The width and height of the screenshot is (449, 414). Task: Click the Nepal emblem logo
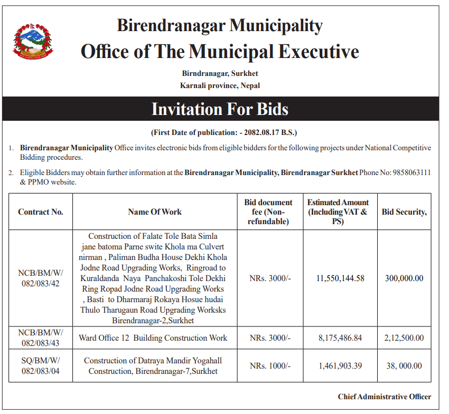pos(33,40)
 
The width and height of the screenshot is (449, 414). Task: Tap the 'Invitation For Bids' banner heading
pos(220,109)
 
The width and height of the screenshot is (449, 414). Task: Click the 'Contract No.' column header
pos(41,212)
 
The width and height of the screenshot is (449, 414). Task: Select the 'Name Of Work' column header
pos(155,212)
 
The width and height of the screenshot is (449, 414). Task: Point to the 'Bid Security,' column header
pos(404,212)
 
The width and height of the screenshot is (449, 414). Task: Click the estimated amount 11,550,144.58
pos(340,278)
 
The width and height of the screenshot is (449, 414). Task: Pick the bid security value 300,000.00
pos(404,278)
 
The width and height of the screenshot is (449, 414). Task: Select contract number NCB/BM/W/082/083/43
pos(41,338)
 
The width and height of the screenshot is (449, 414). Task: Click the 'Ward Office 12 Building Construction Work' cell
pos(153,338)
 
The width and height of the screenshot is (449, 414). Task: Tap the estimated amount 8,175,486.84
pos(340,338)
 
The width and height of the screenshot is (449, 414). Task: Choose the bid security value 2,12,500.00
pos(404,338)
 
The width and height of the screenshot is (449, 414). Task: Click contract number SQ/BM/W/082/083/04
pos(41,366)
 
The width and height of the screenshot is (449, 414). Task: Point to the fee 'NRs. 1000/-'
pos(270,366)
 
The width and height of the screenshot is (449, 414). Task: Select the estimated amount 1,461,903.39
pos(340,366)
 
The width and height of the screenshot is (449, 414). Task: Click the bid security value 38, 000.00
pos(404,366)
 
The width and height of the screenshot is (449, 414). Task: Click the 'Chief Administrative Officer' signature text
pos(385,397)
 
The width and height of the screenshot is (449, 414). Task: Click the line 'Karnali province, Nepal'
pos(220,85)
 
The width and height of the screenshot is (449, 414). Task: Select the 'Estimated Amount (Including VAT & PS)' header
pos(338,212)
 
